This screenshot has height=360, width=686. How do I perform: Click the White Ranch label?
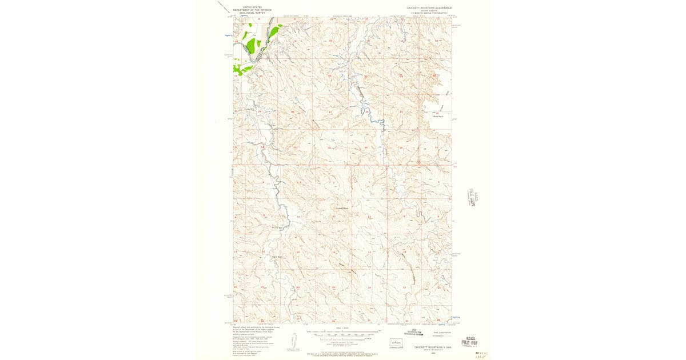click(438, 117)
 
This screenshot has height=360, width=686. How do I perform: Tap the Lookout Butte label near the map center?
click(341, 208)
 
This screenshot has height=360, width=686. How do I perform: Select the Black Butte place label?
click(277, 257)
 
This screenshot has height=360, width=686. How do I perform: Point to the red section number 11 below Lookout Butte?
click(334, 217)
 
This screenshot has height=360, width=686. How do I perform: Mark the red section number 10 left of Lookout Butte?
click(298, 217)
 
